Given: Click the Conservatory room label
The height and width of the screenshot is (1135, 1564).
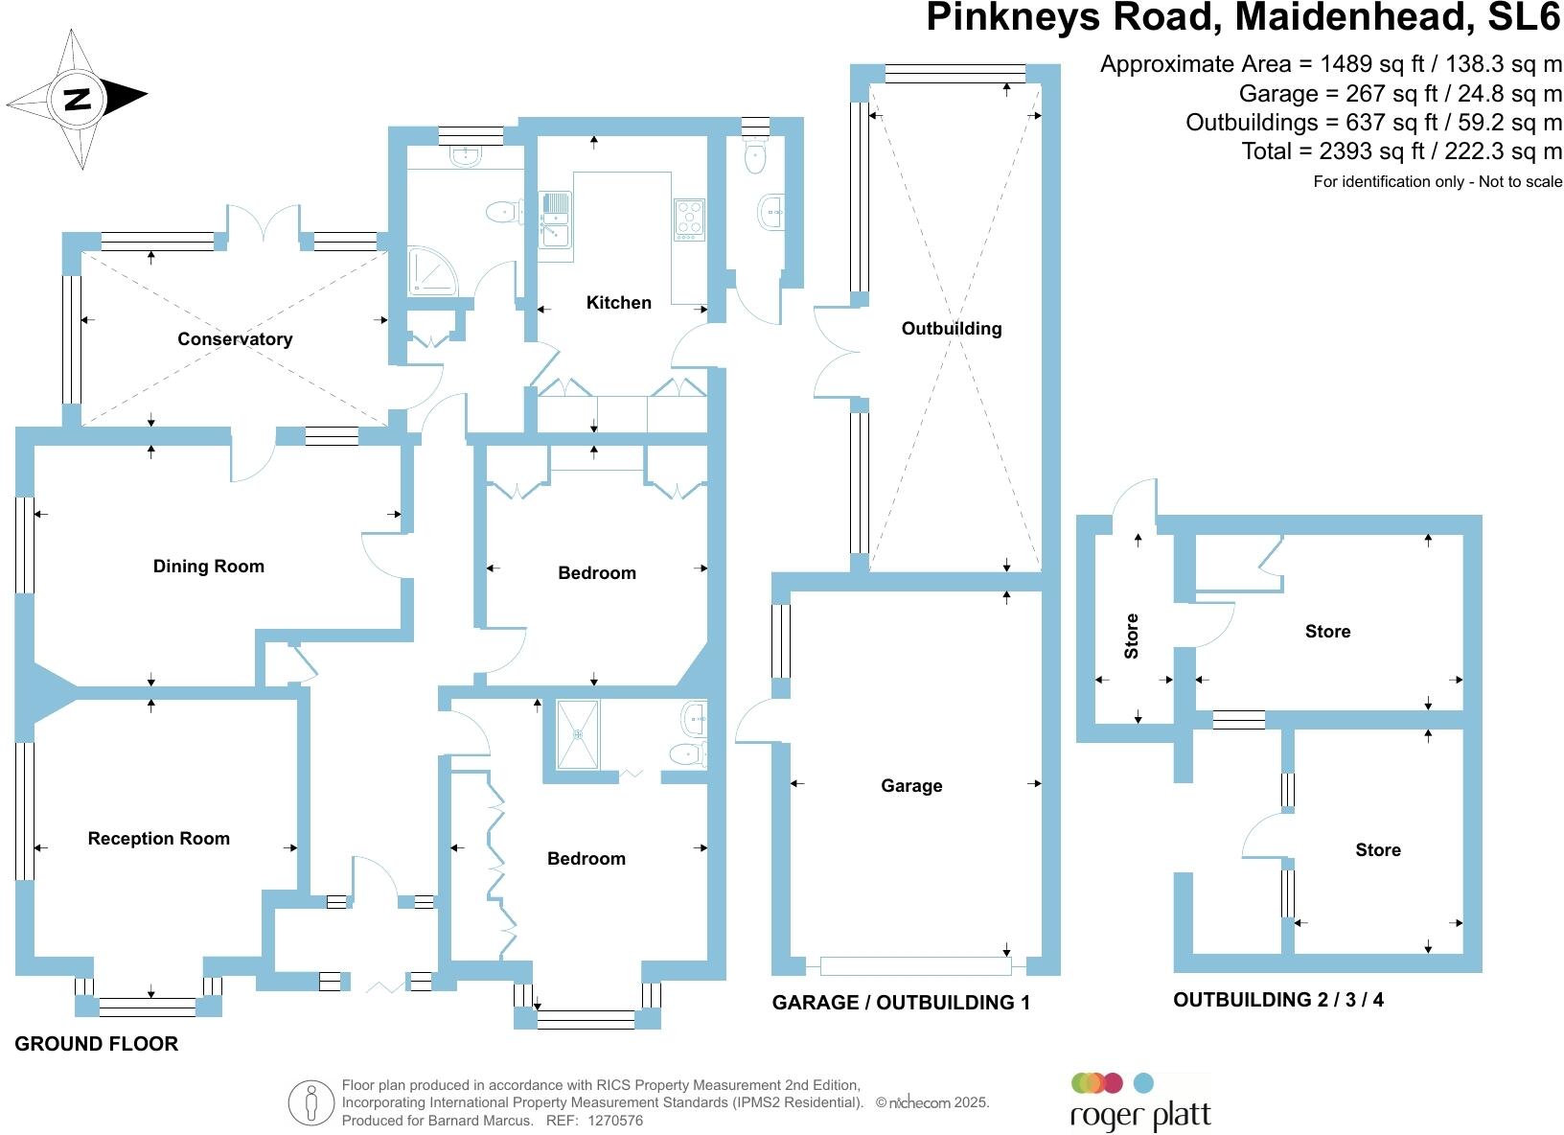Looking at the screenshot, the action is (235, 339).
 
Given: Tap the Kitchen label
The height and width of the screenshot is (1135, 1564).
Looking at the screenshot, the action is (618, 303).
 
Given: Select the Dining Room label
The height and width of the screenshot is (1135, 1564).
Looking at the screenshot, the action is (208, 567).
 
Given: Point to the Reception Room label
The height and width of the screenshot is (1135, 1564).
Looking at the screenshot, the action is (158, 839).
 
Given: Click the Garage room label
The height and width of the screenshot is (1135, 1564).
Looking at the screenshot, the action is (911, 786).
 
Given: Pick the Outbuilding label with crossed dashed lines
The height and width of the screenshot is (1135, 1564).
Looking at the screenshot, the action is (951, 329).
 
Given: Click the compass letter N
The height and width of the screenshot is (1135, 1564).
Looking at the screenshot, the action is (77, 99).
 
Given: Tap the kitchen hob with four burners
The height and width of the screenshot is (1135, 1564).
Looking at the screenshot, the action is (689, 219).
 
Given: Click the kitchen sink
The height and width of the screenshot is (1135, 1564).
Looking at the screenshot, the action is (555, 219).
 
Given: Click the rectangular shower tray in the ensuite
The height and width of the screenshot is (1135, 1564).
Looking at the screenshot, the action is (578, 734).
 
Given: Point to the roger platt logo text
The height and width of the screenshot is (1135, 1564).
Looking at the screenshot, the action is (1139, 1116).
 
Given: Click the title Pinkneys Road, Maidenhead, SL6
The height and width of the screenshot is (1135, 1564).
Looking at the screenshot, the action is (1243, 18).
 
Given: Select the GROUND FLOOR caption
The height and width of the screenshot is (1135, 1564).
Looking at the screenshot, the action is (96, 1044).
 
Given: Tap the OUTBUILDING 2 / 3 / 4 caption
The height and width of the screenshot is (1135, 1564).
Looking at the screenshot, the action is (1277, 1000).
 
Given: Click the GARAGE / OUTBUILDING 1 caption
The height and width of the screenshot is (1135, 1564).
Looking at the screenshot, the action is (901, 1003).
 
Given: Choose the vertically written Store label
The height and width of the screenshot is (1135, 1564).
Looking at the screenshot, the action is (1132, 636).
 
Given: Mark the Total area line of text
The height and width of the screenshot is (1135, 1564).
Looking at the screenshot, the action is (1401, 151).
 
